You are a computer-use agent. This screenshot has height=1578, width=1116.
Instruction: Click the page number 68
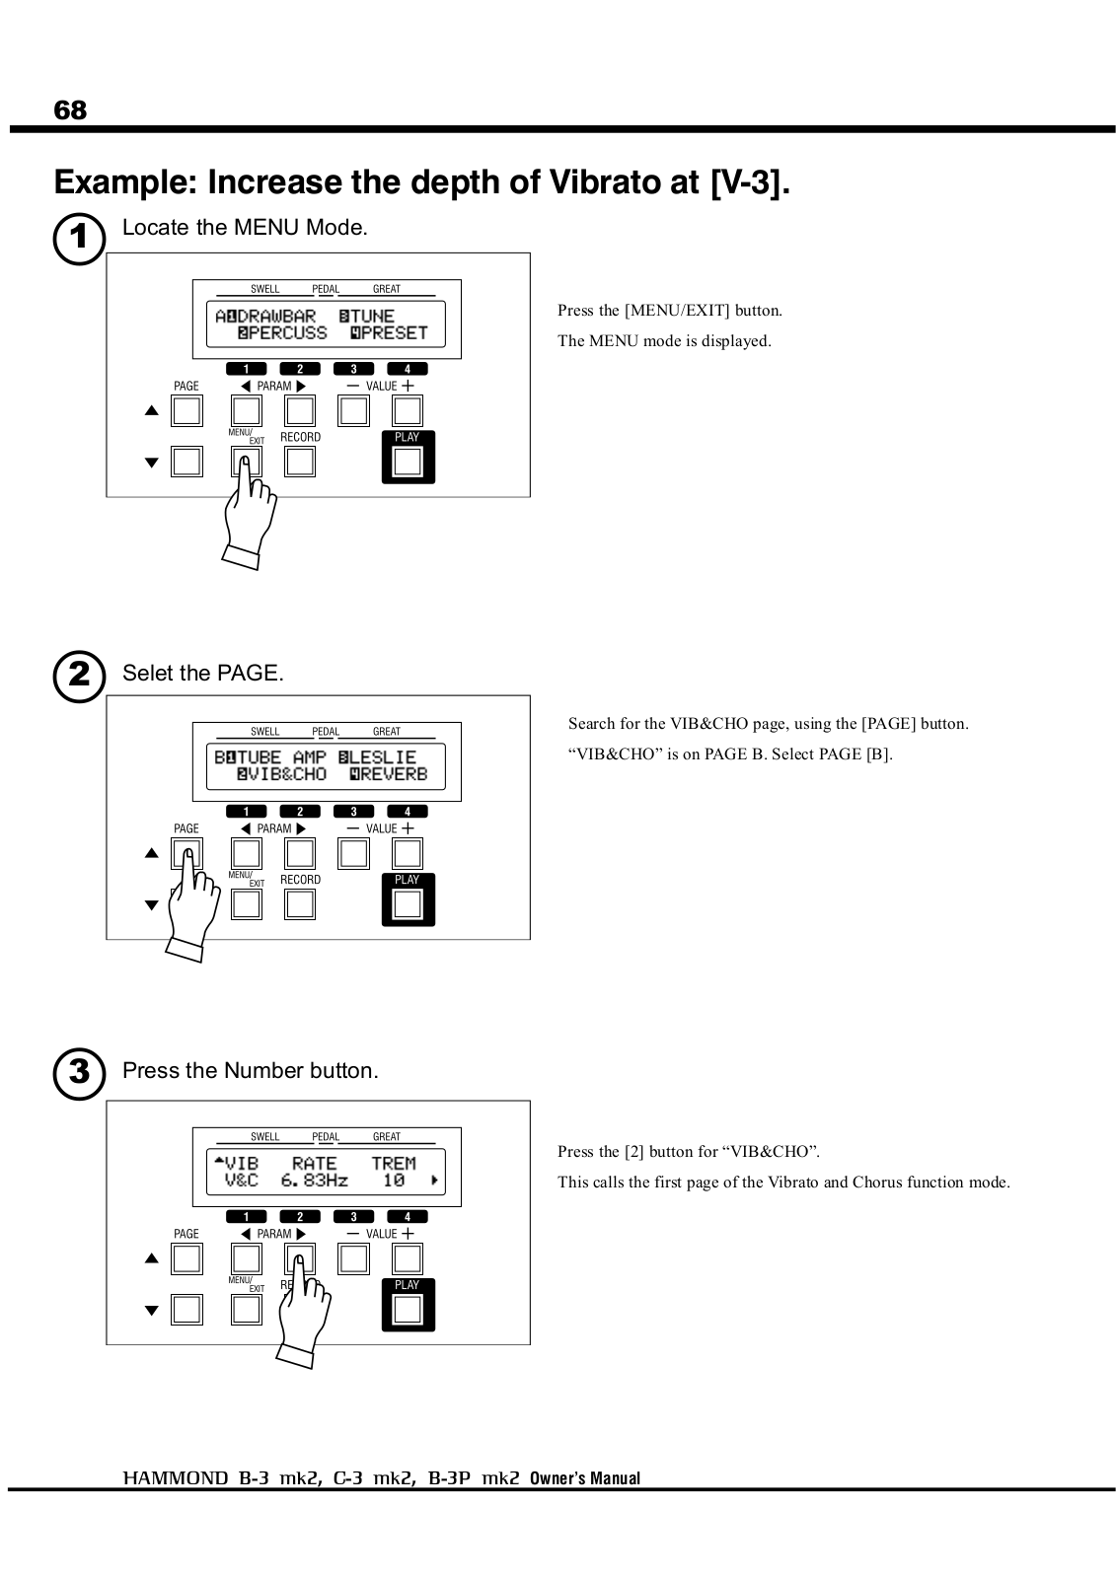[70, 110]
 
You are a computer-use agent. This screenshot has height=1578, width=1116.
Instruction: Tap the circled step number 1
[79, 241]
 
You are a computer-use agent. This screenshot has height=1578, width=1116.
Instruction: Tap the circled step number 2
[79, 677]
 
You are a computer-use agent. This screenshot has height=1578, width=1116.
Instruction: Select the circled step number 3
[79, 1073]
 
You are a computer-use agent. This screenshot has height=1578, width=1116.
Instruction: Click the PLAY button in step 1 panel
[408, 461]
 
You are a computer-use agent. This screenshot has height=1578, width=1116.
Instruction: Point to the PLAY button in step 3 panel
[408, 1309]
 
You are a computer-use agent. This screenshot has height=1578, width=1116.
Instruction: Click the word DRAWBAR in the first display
[276, 317]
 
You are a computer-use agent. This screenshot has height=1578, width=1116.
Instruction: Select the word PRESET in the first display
[395, 333]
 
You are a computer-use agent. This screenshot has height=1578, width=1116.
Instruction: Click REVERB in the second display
[395, 775]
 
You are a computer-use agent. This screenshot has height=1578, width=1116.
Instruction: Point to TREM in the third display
[394, 1163]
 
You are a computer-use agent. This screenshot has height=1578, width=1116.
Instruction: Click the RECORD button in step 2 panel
[300, 903]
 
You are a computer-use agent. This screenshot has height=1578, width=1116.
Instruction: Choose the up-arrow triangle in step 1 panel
[152, 411]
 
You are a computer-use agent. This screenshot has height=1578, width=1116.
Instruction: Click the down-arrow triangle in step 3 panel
[152, 1311]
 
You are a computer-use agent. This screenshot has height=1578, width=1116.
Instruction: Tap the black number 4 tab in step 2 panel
[408, 812]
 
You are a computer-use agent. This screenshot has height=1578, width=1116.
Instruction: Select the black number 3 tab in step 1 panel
[353, 370]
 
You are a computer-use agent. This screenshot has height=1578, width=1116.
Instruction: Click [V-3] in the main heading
[750, 183]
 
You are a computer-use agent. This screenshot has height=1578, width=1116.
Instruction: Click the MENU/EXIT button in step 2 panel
[246, 903]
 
